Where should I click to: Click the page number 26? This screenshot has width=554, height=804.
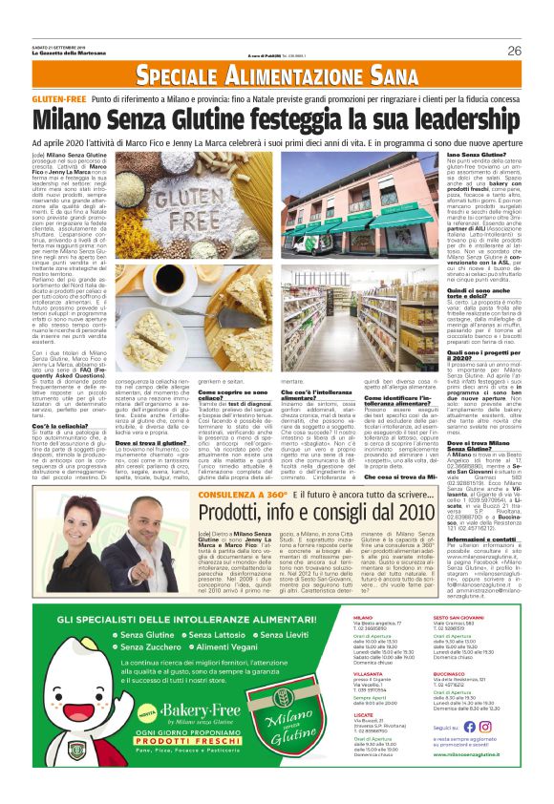[x=513, y=51]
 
